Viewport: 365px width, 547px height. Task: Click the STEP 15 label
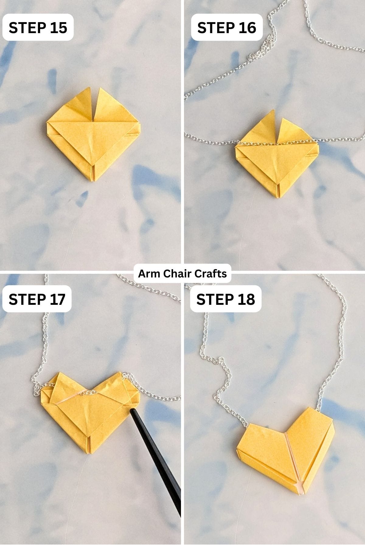(x=38, y=28)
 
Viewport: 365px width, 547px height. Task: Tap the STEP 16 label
(x=227, y=28)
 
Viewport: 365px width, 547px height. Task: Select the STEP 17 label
(x=37, y=299)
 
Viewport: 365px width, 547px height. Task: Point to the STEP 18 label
(x=225, y=299)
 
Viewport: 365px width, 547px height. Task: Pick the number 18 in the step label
(x=245, y=299)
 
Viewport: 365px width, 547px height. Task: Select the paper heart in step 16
(x=277, y=158)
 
